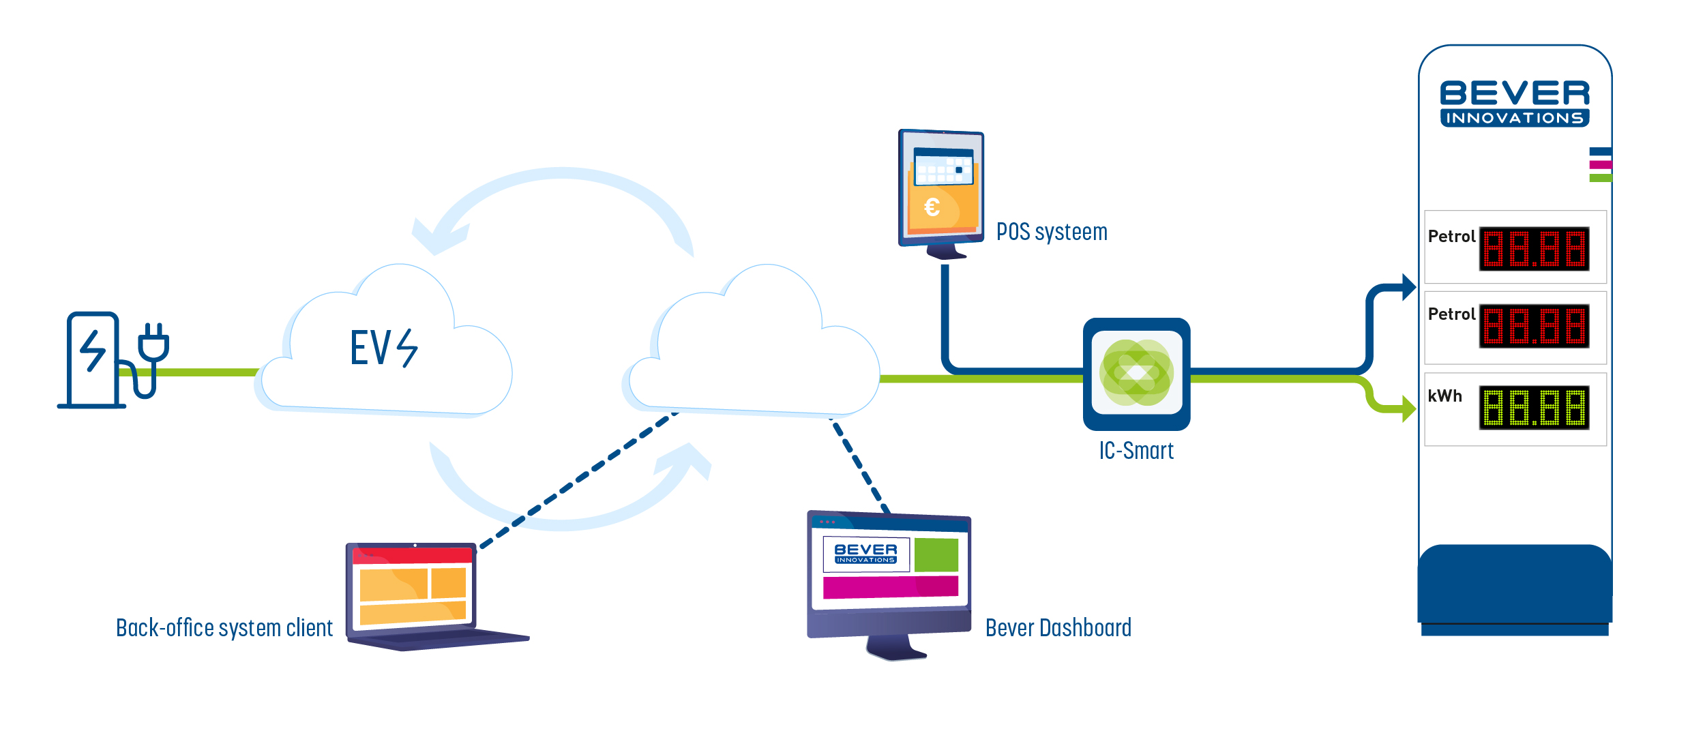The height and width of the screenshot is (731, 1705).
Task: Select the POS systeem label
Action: coord(1052,232)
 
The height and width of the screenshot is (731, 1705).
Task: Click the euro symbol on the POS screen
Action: coord(932,207)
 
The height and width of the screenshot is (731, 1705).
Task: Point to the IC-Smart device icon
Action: coord(1136,374)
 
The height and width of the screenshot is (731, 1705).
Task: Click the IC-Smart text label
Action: coord(1136,451)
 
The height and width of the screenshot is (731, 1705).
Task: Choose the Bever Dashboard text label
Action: coord(1058,627)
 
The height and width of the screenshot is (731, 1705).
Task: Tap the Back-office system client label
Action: coord(224,627)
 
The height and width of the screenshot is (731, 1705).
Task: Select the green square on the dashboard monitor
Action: coord(936,554)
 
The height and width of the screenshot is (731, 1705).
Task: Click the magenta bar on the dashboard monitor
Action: coord(890,587)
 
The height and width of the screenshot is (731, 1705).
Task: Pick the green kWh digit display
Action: coord(1534,408)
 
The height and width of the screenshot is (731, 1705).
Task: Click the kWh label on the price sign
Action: coord(1445,396)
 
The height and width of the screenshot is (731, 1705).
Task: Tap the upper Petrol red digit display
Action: coord(1534,249)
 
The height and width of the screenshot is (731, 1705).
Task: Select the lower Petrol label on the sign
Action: coord(1451,314)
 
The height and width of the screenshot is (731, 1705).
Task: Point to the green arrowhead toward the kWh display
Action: coord(1408,409)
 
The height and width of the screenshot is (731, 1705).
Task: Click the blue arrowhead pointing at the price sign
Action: coord(1408,287)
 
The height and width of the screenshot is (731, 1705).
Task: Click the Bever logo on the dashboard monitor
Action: coord(865,554)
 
